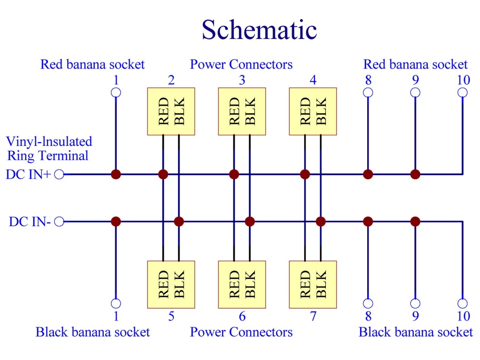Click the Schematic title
pos(259,30)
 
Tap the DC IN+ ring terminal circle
pos(59,175)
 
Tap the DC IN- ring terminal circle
pos(59,222)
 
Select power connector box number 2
pos(171,111)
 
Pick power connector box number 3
pos(242,111)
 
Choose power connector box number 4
pos(313,111)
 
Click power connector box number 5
pos(171,284)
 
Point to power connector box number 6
pos(242,284)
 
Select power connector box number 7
pos(313,284)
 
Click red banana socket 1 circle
pos(116,93)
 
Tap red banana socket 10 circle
pos(463,93)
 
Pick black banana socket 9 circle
pos(415,303)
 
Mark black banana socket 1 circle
pos(116,303)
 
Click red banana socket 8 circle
pos(368,93)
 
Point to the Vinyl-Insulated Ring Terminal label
pos(49,148)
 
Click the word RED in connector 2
pos(164,111)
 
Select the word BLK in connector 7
pos(321,284)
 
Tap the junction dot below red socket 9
pos(415,175)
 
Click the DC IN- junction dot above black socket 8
pos(368,221)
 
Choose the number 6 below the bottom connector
pos(242,316)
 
